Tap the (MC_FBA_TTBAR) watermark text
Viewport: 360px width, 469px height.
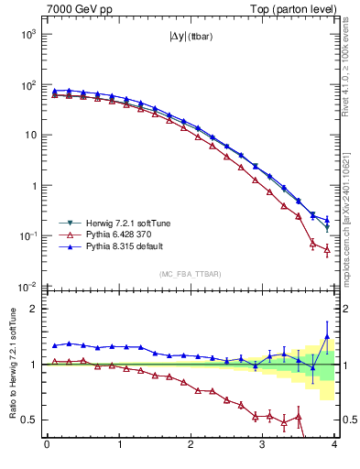190,275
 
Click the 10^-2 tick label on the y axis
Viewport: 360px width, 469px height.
25,287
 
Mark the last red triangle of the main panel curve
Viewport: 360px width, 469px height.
327,248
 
